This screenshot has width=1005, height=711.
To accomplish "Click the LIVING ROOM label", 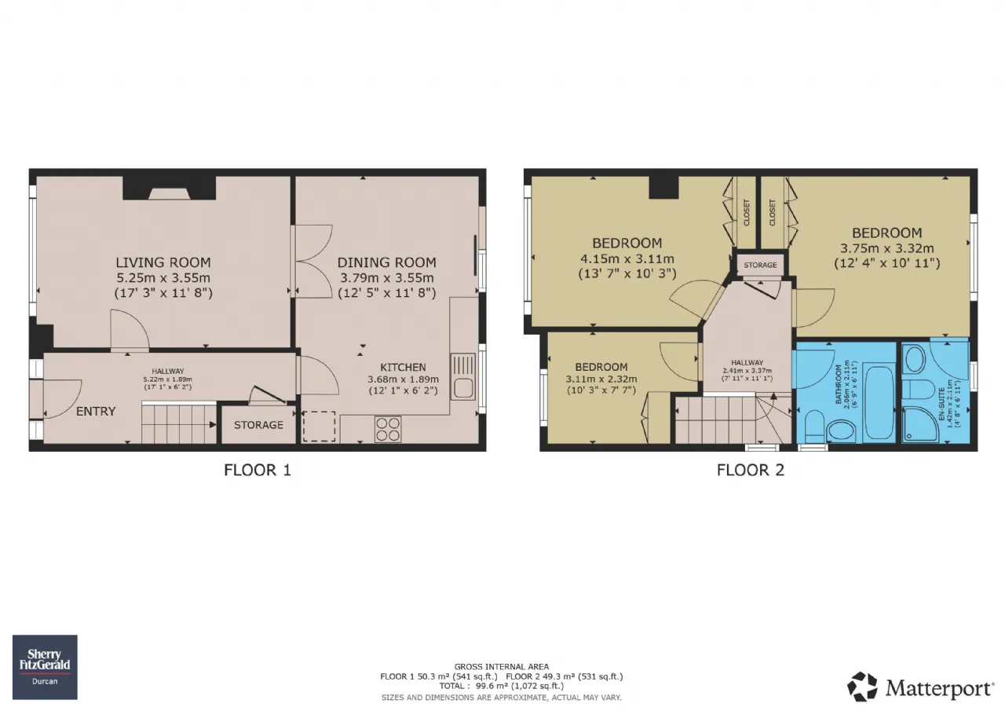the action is point(163,262).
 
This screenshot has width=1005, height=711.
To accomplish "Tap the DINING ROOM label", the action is point(387,262).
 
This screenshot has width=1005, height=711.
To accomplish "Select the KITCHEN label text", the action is point(403,367).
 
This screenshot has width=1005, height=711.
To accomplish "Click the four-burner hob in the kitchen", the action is point(388,429).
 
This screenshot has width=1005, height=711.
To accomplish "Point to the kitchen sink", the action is point(462,376).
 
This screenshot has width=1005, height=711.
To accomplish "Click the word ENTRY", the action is point(96,411).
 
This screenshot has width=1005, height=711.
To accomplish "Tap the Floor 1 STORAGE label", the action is point(258,424).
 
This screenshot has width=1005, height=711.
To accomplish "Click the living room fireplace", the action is point(169,189).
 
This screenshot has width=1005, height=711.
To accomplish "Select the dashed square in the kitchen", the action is point(319,426).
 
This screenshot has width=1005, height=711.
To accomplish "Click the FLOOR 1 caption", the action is point(258,470).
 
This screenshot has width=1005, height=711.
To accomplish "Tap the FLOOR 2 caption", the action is point(750,470).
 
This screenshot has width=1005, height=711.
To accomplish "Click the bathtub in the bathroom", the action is point(879,403).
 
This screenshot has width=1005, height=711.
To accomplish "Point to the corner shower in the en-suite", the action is point(920,424).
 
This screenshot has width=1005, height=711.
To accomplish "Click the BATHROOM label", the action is point(839,384).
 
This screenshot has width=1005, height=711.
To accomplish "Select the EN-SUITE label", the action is point(942,404).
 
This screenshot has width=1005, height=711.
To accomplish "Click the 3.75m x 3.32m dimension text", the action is point(887,248).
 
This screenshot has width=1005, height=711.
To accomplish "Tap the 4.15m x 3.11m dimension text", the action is point(627,258).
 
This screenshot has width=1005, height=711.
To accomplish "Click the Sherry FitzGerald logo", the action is point(45,667).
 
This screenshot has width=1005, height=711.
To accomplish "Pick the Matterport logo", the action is point(920,687).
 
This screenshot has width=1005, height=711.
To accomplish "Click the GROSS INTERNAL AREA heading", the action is point(501,666).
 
